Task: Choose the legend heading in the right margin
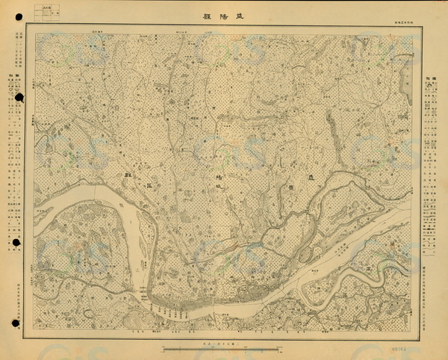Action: point(431,81)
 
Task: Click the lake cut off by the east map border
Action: point(408,75)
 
